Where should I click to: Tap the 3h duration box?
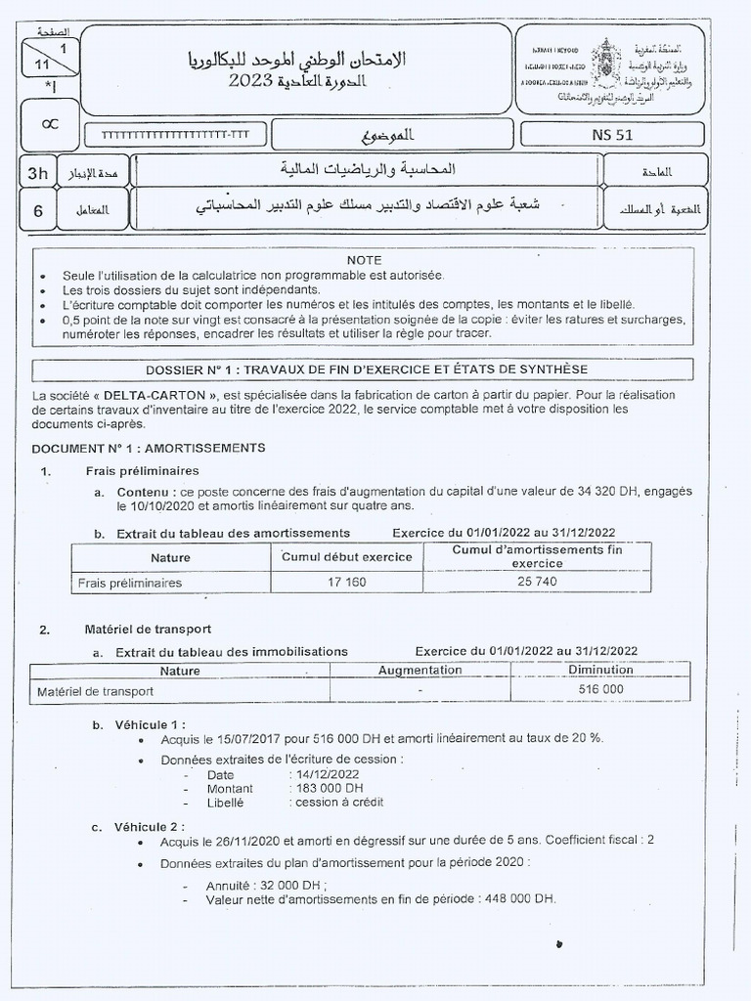(38, 173)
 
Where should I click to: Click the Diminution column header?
(599, 670)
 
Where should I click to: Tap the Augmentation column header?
(420, 670)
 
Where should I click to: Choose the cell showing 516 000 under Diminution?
(599, 689)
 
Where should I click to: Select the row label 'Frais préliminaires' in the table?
(130, 583)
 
